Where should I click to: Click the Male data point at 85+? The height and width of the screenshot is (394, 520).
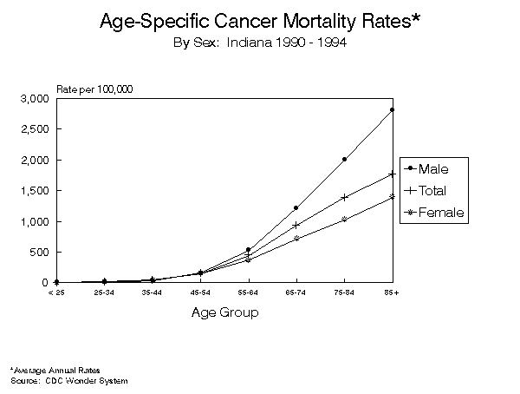coord(393,109)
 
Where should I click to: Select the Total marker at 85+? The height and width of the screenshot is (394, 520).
coord(393,174)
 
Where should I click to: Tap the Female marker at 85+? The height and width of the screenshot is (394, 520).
coord(393,196)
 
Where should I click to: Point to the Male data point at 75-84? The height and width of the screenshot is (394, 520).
coord(344,159)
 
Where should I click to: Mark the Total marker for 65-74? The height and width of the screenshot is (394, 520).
coord(296,225)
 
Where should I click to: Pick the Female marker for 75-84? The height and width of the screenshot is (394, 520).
coord(344,219)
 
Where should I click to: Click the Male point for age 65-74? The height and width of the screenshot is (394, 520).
coord(296,208)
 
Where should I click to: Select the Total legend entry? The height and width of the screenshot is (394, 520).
coord(432,190)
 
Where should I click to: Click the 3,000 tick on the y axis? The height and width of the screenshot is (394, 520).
coord(36,99)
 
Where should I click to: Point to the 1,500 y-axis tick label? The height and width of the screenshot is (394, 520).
coord(36,191)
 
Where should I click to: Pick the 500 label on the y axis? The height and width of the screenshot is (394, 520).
coord(40,253)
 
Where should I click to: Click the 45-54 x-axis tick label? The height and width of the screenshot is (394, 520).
coord(200,293)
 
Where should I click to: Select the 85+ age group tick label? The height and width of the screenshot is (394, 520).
coord(393,293)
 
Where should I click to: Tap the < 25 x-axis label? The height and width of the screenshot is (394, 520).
coord(56,293)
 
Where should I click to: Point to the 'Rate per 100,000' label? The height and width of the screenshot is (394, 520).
coord(94,89)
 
